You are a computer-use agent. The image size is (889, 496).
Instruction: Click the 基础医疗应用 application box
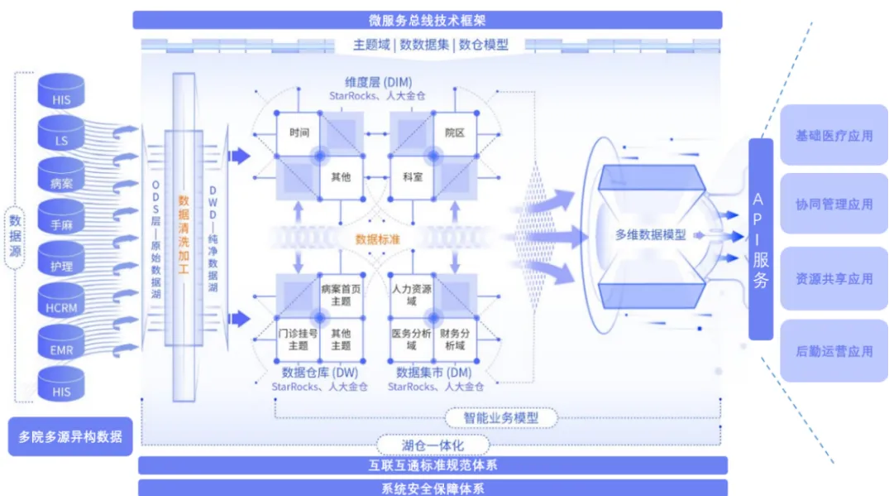[x=834, y=135]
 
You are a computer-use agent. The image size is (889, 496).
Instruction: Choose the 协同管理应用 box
[x=834, y=204]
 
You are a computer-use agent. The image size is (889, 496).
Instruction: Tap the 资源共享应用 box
[x=834, y=278]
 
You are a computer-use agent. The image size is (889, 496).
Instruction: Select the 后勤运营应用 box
[x=834, y=350]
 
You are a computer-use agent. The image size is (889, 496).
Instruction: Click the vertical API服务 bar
[x=761, y=239]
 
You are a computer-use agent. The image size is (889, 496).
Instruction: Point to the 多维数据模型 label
[x=651, y=234]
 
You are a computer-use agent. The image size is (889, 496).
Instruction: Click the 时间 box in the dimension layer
[x=299, y=132]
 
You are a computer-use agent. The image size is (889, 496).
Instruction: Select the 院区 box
[x=454, y=132]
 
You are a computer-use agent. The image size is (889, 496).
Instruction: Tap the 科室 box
[x=413, y=176]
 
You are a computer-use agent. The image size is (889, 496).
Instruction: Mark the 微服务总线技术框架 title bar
[x=427, y=20]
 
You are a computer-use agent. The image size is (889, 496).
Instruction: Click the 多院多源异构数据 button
[x=69, y=436]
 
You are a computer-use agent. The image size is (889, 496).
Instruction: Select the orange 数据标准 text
[x=379, y=238]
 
